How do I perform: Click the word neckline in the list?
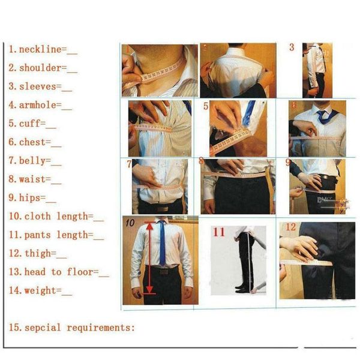tap(40, 49)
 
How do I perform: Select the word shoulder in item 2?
tap(40, 68)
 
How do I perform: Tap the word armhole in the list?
tap(37, 105)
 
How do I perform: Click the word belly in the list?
tap(32, 161)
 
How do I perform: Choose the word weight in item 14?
tap(40, 291)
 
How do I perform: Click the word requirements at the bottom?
tap(98, 328)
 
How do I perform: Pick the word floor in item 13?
tap(80, 272)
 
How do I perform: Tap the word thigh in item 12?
tap(38, 254)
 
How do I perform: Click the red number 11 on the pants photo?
tap(219, 232)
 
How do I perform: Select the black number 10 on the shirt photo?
tap(130, 223)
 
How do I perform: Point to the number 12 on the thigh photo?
tap(290, 227)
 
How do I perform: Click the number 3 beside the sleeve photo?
tap(292, 47)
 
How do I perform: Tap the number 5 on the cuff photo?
tap(206, 106)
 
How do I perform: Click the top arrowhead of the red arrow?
tap(150, 227)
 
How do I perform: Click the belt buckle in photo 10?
tap(164, 272)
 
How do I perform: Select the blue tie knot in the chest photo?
tap(321, 113)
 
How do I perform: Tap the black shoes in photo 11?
tap(241, 289)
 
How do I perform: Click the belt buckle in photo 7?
tap(163, 209)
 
